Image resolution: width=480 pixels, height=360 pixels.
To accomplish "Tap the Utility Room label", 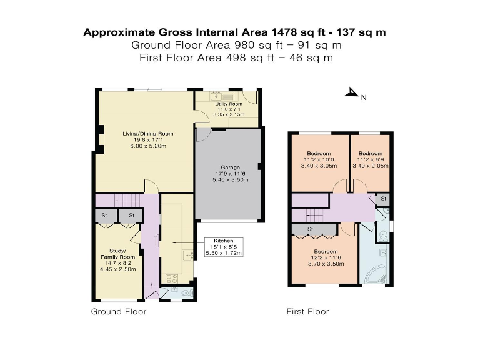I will tap(225, 109).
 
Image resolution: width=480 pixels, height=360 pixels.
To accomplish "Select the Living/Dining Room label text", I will tap(147, 139).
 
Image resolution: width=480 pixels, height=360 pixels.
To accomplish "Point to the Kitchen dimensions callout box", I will tap(224, 247).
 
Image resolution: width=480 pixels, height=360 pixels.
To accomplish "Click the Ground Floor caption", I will tap(119, 311).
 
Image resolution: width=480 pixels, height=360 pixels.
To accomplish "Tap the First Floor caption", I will tap(307, 311).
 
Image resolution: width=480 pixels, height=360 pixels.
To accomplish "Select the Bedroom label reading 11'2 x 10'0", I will tap(319, 160).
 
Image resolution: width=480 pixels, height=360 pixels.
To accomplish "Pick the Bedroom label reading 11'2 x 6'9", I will tap(370, 160).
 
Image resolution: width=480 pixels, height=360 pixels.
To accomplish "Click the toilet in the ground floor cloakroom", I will tap(187, 291).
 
